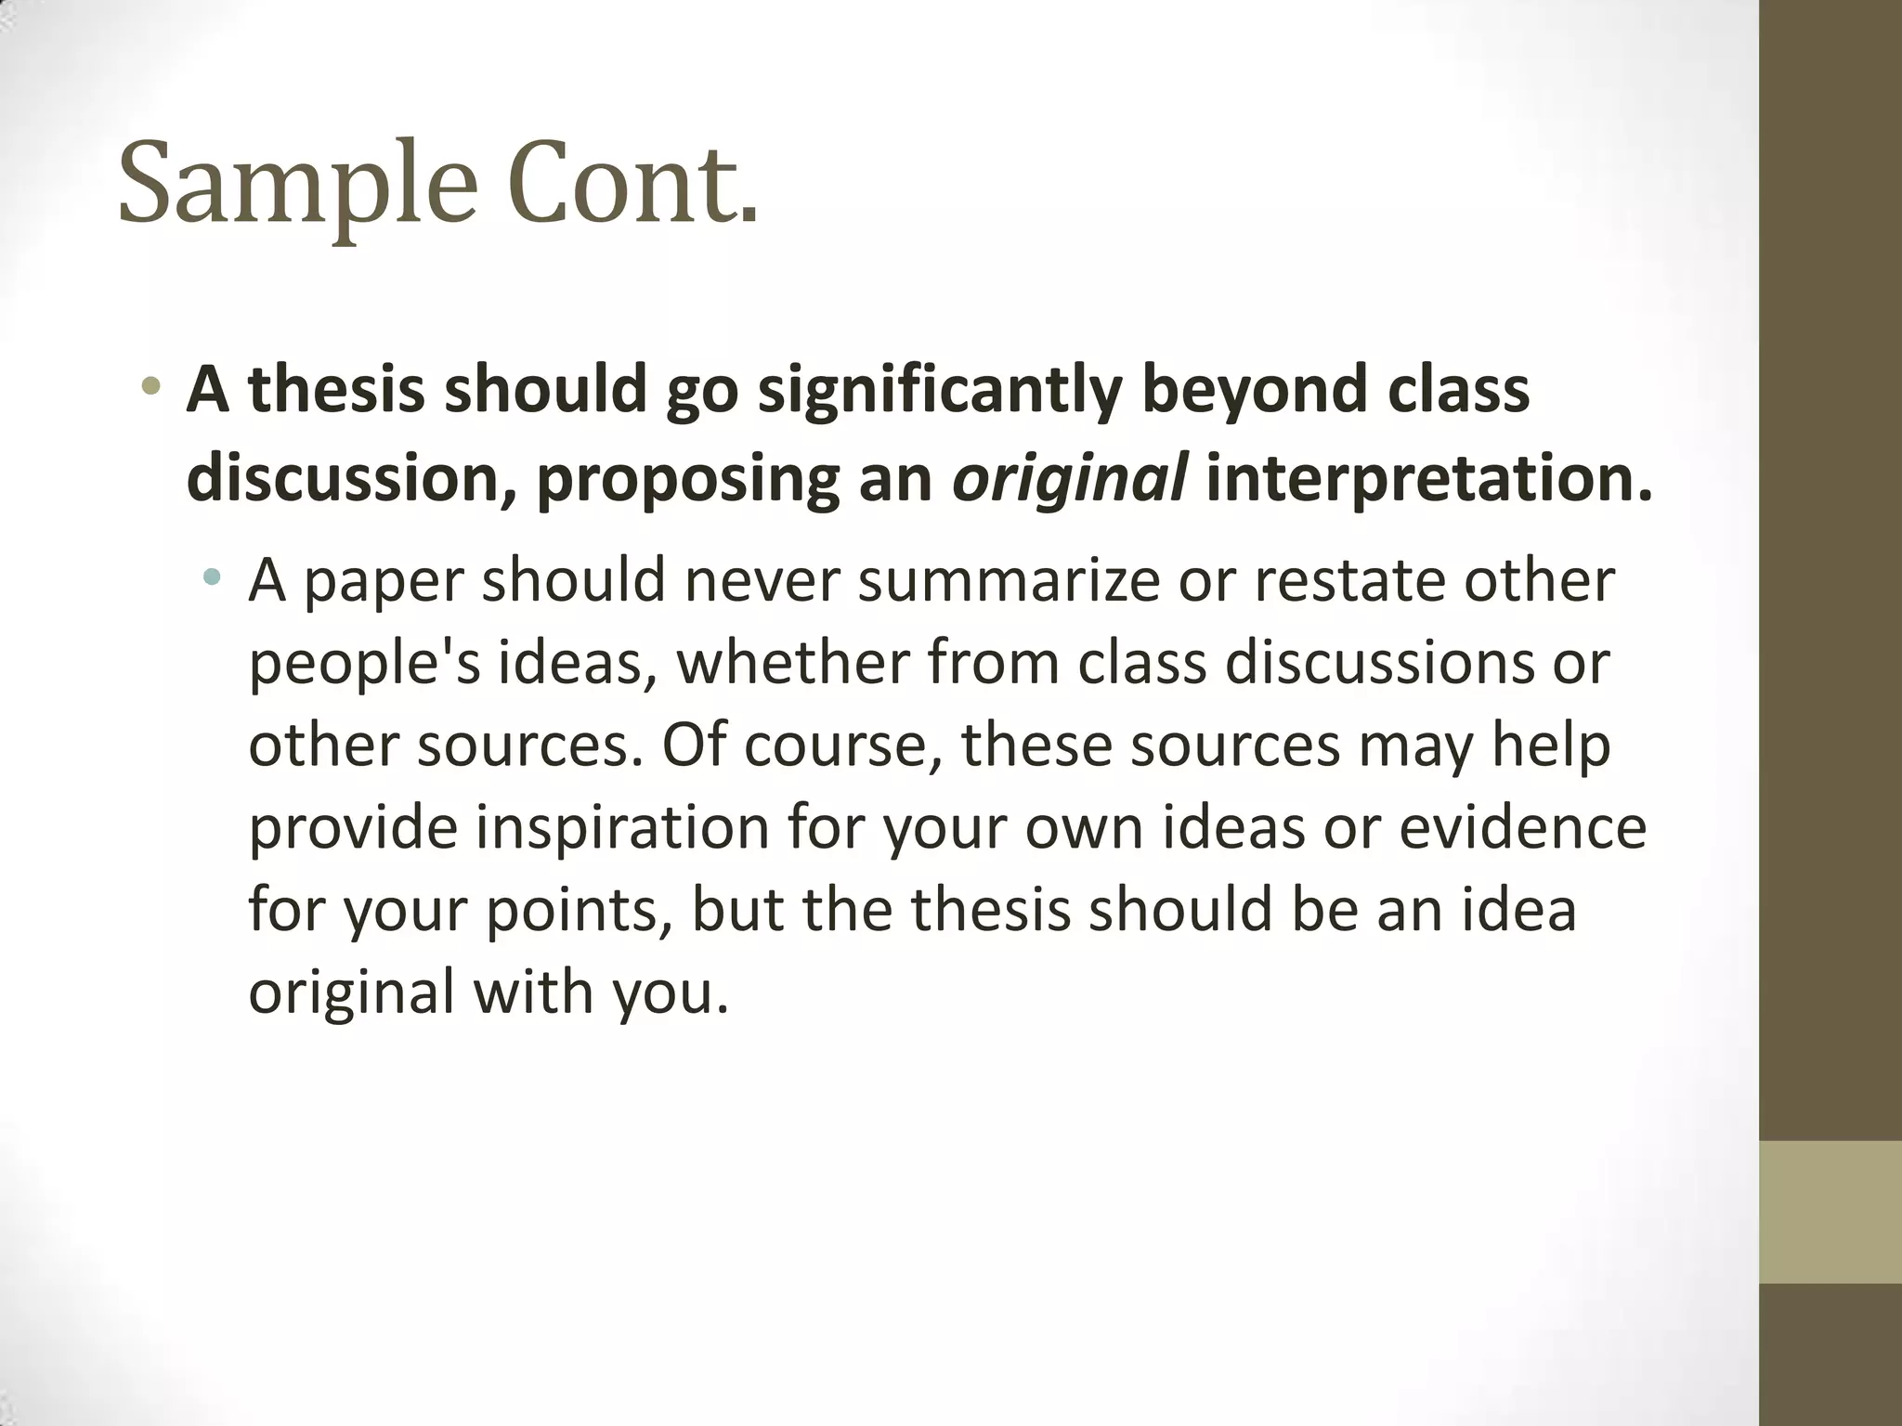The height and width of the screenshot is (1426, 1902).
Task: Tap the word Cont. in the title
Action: [633, 182]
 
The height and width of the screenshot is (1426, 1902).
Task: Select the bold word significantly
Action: [940, 390]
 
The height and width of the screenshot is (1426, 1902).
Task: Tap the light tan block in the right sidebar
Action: [1830, 1212]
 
